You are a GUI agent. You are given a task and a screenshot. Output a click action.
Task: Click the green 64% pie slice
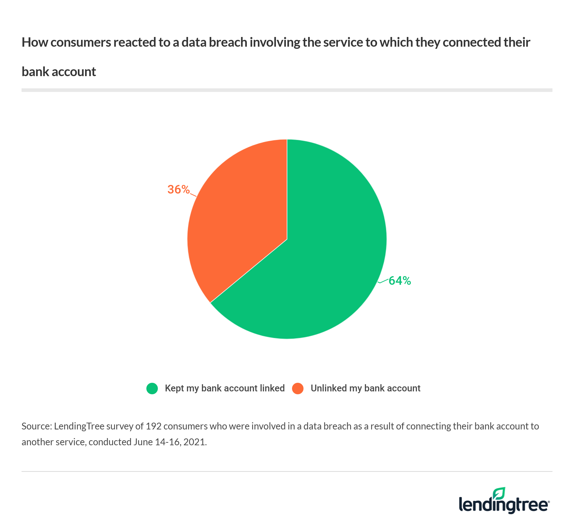(x=323, y=259)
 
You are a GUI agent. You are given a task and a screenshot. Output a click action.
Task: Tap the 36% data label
(x=178, y=190)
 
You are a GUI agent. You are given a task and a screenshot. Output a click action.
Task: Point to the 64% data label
(x=400, y=281)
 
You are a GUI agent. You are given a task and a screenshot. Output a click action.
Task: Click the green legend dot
(x=152, y=389)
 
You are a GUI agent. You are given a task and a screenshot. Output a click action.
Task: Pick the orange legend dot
(x=298, y=389)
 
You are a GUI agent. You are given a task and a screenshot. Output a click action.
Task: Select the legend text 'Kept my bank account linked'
(x=225, y=388)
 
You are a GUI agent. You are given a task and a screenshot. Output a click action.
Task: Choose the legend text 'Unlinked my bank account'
(x=365, y=388)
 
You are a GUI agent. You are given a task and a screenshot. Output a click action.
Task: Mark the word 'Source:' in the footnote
(x=37, y=426)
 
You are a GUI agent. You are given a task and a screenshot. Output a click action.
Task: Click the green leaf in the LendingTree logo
(x=499, y=493)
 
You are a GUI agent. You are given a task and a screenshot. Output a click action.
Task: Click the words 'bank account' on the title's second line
(x=59, y=72)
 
